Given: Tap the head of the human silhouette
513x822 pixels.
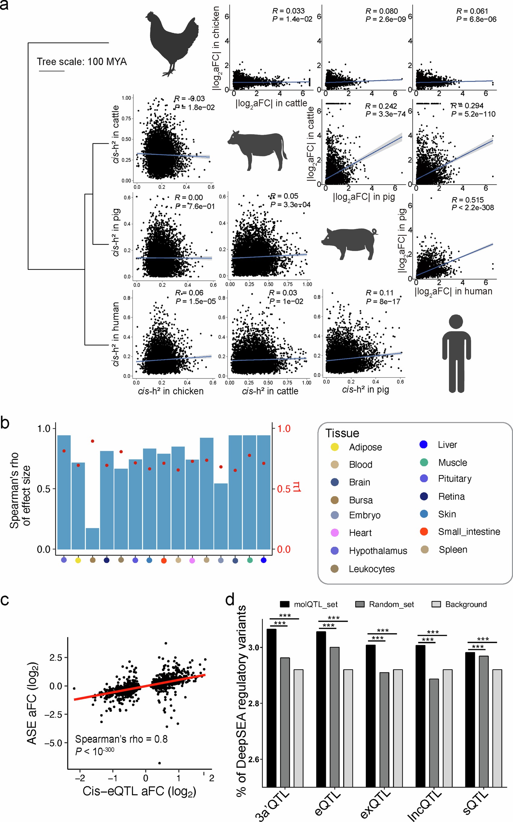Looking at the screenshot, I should coord(456,322).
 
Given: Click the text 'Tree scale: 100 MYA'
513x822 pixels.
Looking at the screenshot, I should coord(82,62).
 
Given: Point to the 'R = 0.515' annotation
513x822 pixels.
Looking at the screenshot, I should coord(468,200).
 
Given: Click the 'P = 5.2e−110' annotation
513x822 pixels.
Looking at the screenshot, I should coord(473,114).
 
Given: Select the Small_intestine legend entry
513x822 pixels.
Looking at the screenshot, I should coord(469,532).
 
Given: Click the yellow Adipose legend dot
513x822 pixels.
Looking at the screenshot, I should coord(335,447).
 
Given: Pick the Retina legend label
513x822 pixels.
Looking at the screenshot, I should coord(451,496).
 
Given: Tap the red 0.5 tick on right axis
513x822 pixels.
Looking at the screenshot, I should coord(284,489).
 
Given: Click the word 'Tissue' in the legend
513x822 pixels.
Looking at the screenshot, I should coord(342,433).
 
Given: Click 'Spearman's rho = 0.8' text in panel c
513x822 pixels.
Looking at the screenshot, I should coord(121,739).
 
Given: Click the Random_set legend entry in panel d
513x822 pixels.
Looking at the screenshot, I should coord(391,604).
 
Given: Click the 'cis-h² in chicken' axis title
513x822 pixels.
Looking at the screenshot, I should coord(171,391).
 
